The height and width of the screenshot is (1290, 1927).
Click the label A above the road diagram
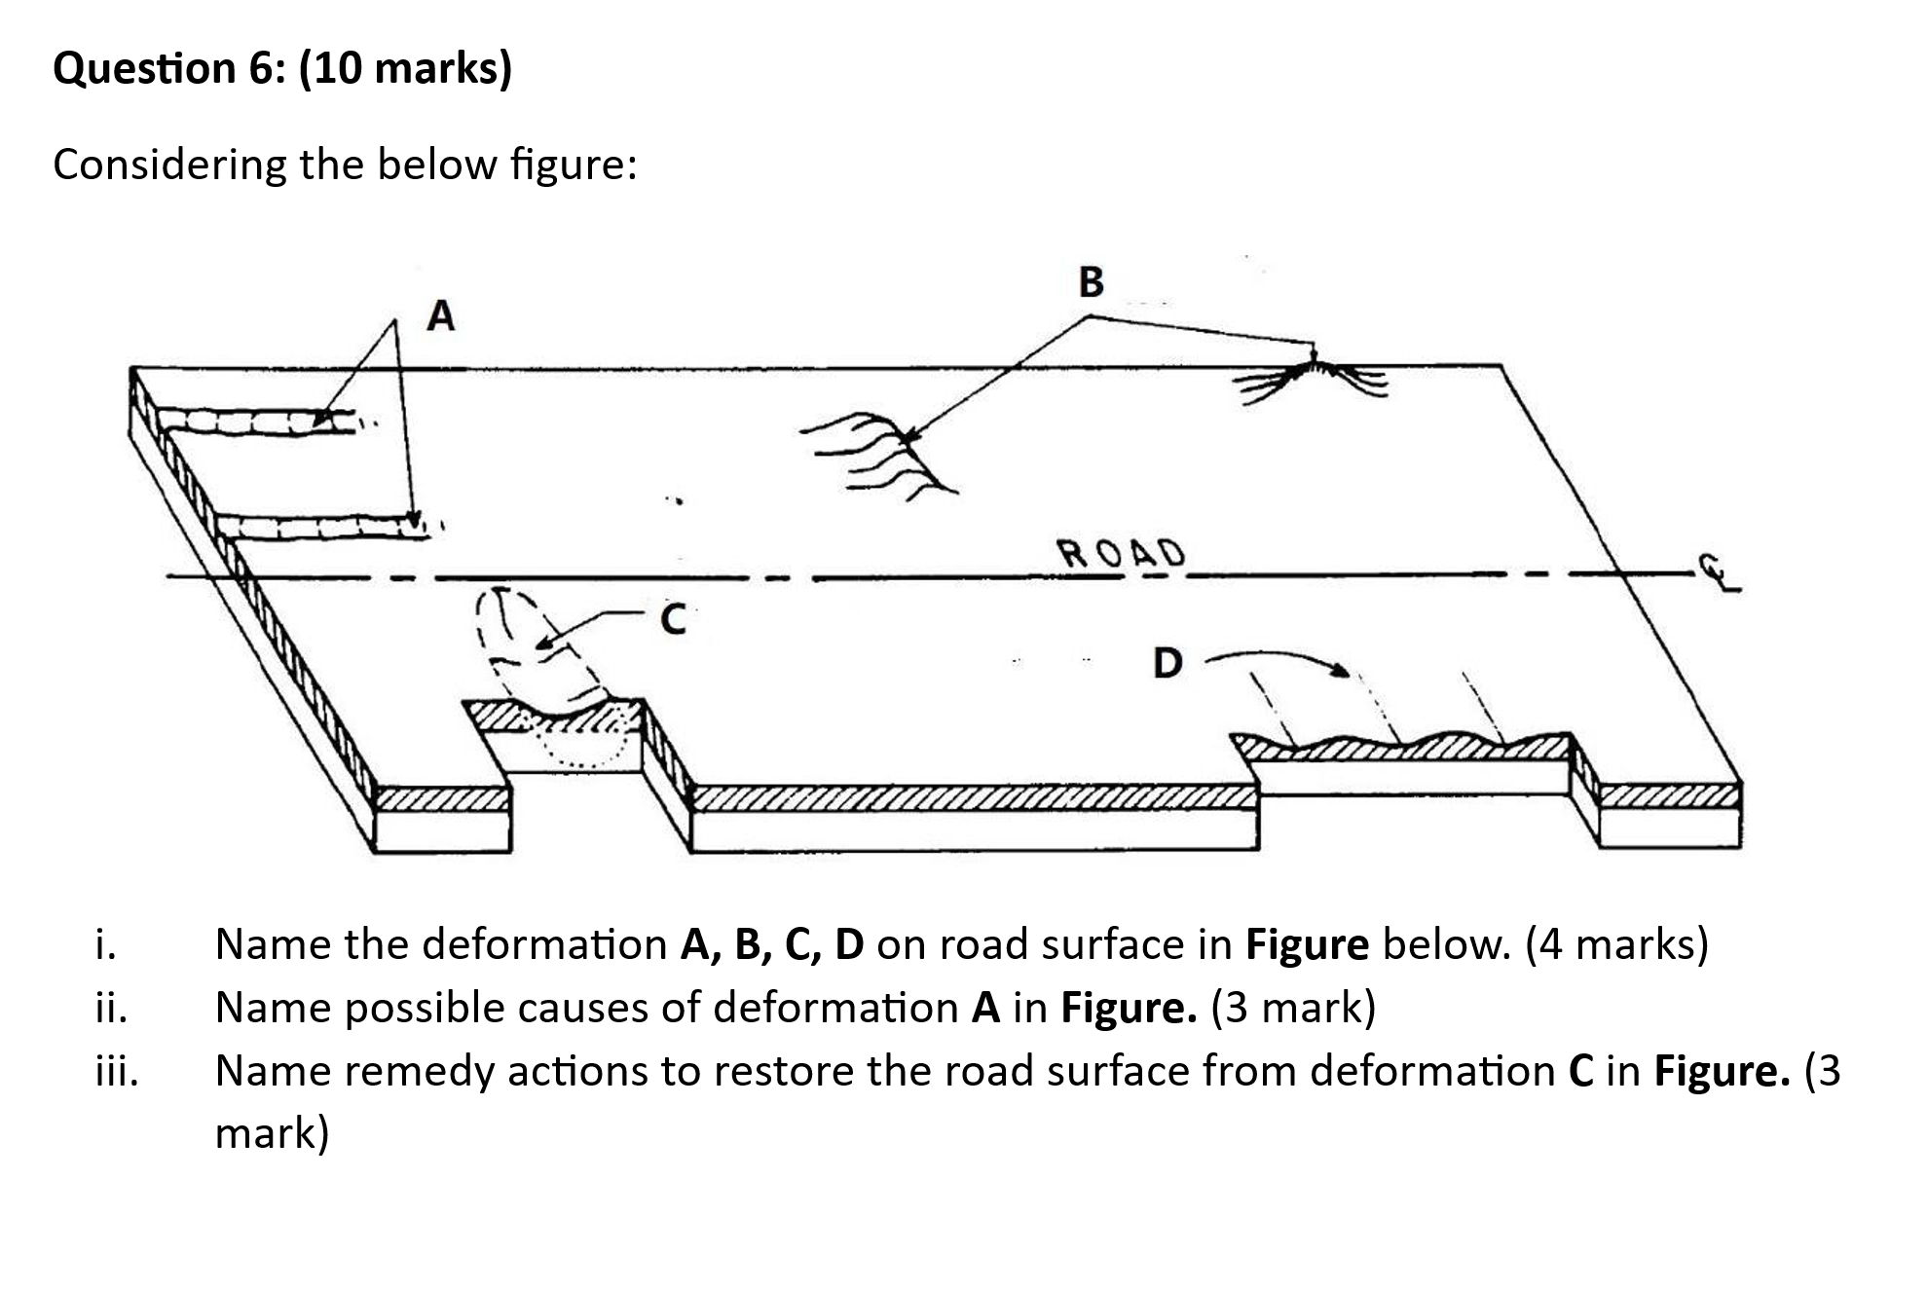441,315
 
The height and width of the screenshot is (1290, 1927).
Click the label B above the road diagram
1092,281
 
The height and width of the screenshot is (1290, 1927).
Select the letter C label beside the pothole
673,619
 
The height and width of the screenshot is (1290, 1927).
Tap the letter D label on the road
1167,663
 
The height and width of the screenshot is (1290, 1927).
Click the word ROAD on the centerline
1122,553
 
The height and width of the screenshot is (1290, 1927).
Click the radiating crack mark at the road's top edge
1312,379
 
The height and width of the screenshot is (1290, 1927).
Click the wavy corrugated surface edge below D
1402,746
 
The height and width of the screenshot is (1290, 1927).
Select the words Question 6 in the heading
169,68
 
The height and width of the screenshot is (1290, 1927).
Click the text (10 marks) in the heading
405,68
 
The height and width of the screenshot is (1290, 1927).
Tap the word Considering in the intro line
169,165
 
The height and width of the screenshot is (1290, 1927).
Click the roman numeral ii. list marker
111,1007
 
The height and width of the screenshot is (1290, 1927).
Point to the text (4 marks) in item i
1616,944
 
